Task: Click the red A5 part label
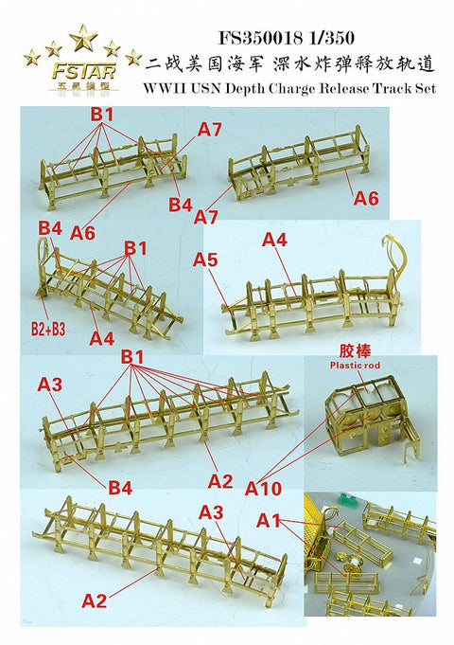click(x=205, y=260)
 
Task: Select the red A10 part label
click(x=263, y=489)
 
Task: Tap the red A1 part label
click(x=269, y=521)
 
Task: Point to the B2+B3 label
click(x=48, y=330)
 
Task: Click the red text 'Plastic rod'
click(x=355, y=366)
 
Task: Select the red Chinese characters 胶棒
click(x=355, y=351)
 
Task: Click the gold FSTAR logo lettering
click(x=83, y=72)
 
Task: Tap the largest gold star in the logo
click(x=83, y=37)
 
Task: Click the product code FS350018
click(x=260, y=38)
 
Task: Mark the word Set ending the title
click(x=425, y=88)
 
